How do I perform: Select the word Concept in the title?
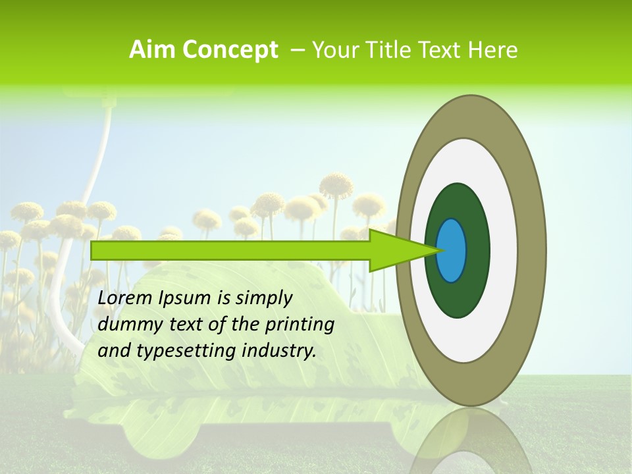[x=230, y=51]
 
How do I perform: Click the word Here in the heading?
[x=494, y=50]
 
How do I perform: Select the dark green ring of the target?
[x=475, y=276]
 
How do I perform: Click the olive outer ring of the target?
[x=533, y=250]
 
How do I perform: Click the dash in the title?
[x=297, y=51]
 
